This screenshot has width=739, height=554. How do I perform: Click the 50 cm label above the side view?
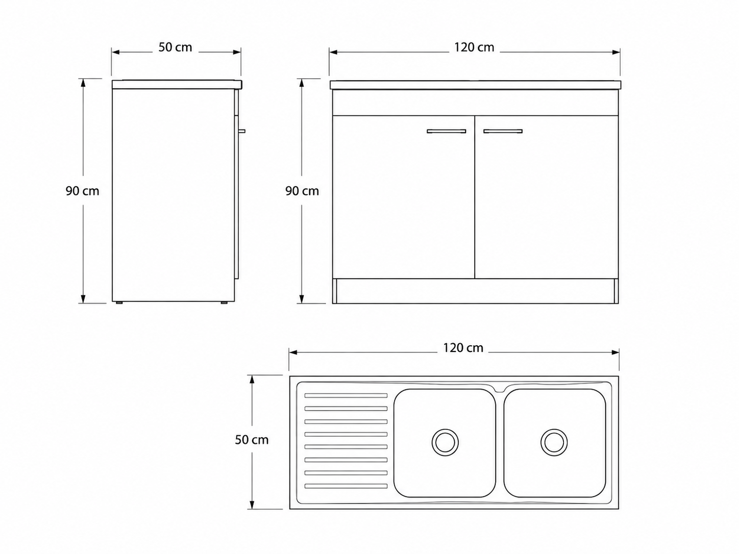[x=175, y=47]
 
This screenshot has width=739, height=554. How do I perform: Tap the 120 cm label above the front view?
[x=474, y=47]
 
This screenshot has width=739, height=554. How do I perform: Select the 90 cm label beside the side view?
[x=83, y=191]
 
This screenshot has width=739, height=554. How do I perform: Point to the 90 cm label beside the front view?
[x=302, y=191]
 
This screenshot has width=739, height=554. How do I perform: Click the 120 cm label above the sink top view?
[x=463, y=348]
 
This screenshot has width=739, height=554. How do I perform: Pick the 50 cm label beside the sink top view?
[x=252, y=440]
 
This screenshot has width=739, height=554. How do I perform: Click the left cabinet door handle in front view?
[x=447, y=131]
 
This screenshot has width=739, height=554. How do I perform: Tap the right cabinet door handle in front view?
[x=503, y=131]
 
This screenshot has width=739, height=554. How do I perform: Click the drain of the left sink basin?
[x=445, y=442]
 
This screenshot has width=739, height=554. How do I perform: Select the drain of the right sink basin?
[x=554, y=442]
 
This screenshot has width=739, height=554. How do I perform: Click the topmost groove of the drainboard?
[x=346, y=395]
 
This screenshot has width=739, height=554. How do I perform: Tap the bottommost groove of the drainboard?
[x=346, y=486]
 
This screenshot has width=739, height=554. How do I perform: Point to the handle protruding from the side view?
[x=242, y=131]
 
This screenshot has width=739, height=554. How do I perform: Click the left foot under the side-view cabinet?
[x=119, y=303]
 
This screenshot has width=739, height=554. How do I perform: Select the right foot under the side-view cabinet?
[x=224, y=303]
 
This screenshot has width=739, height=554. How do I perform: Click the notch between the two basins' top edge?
[x=500, y=389]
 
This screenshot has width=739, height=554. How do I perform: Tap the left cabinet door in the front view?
[x=403, y=197]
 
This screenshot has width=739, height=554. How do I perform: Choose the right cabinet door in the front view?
[x=546, y=197]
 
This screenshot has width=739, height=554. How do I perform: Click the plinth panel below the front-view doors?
[x=475, y=291]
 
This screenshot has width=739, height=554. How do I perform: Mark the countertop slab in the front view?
[x=475, y=85]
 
